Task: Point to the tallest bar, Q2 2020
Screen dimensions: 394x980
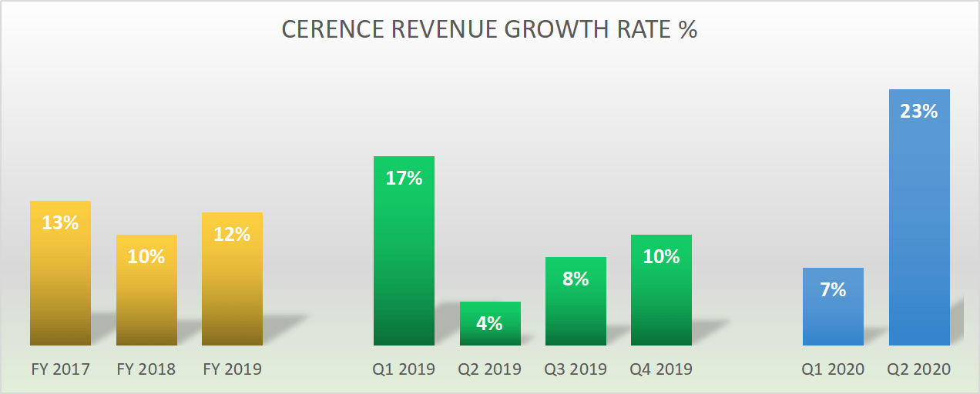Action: pyautogui.click(x=919, y=231)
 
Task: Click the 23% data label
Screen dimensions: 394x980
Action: pyautogui.click(x=919, y=111)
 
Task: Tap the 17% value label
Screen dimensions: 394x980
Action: pyautogui.click(x=404, y=178)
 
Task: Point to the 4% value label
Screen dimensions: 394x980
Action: pyautogui.click(x=490, y=323)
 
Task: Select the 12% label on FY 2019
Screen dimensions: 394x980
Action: pyautogui.click(x=232, y=234)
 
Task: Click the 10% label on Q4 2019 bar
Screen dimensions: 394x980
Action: pyautogui.click(x=661, y=256)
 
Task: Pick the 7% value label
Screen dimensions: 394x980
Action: pyautogui.click(x=833, y=289)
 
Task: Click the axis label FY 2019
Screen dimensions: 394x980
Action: pyautogui.click(x=232, y=369)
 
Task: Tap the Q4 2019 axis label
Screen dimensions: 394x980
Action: pyautogui.click(x=661, y=369)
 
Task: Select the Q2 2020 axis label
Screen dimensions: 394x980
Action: pyautogui.click(x=919, y=369)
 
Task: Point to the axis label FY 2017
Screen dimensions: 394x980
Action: pyautogui.click(x=60, y=369)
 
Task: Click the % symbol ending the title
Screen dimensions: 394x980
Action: pyautogui.click(x=688, y=29)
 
